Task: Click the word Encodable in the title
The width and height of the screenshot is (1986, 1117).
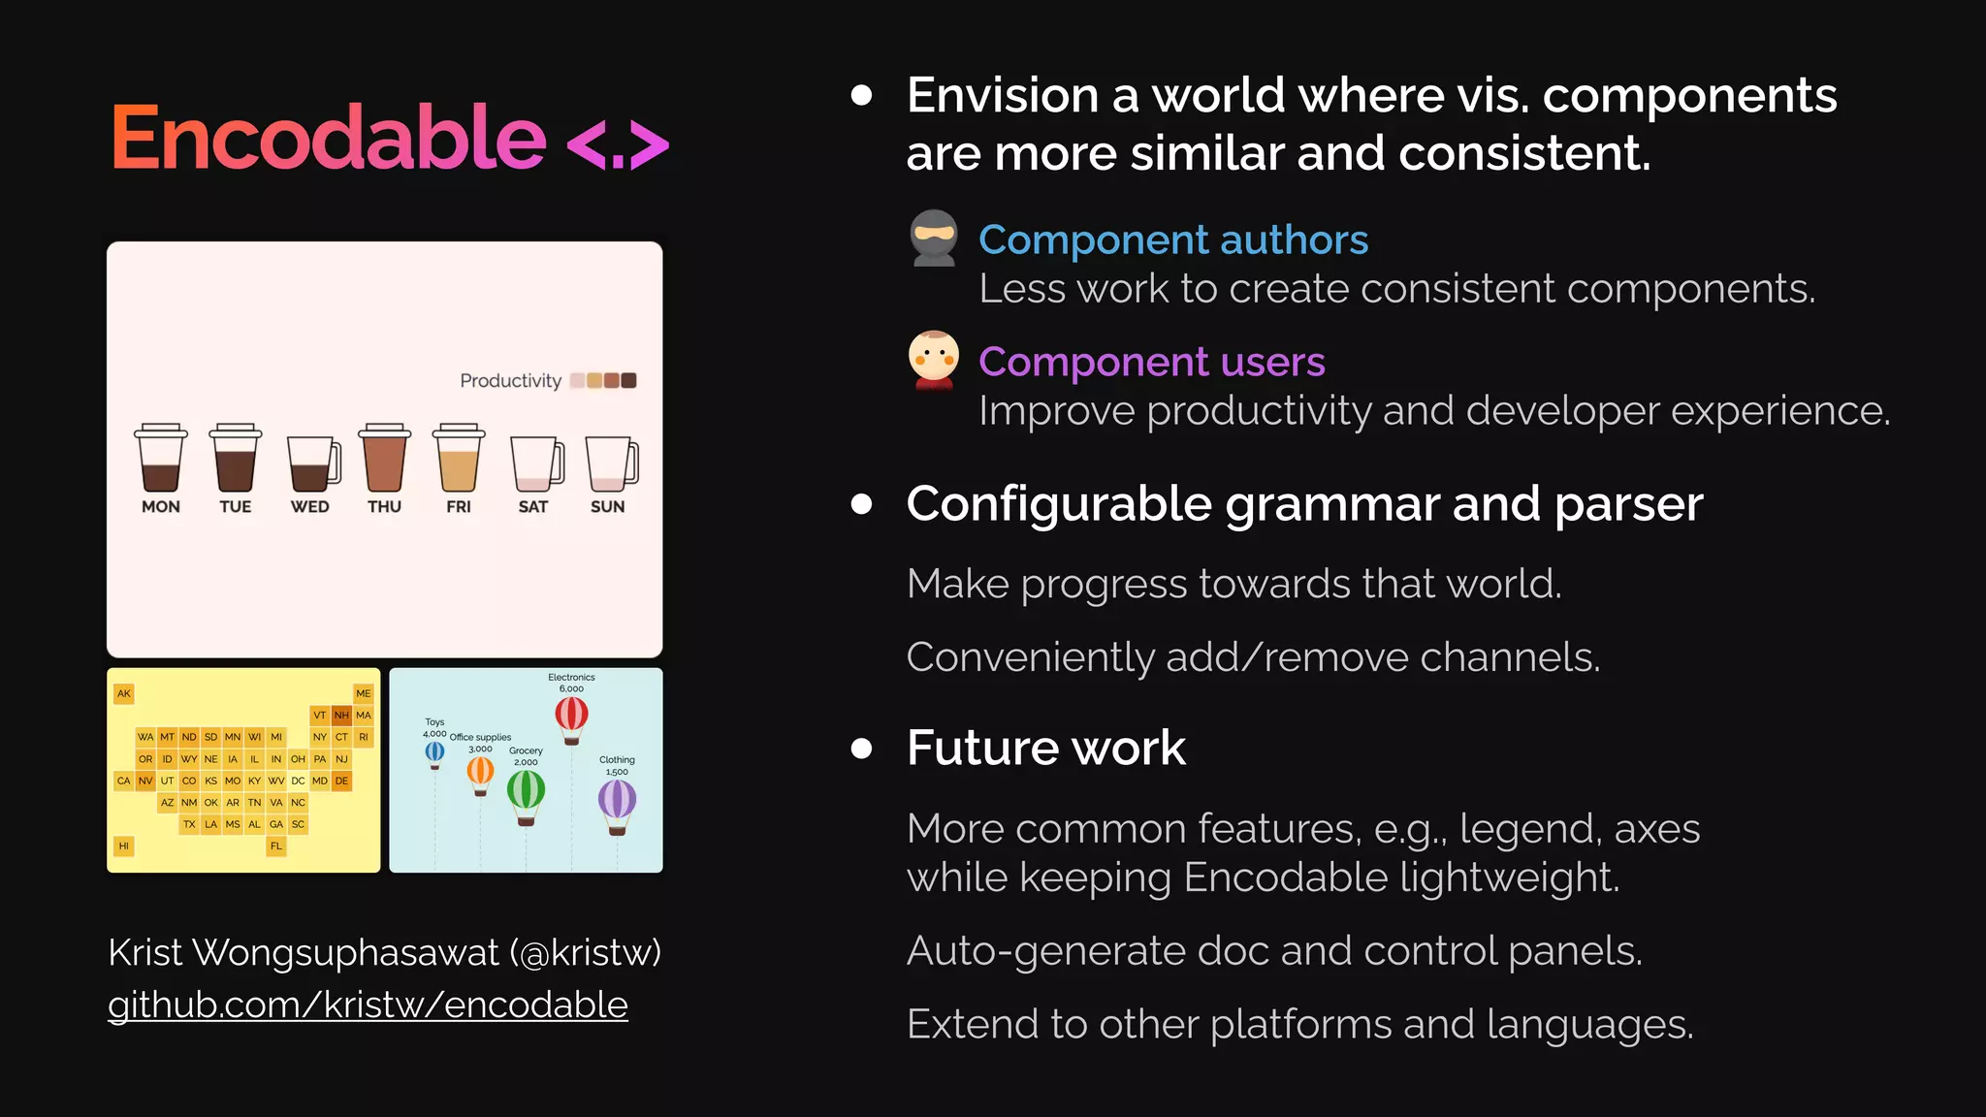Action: [328, 138]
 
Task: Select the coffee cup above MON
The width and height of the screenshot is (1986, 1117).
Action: [160, 458]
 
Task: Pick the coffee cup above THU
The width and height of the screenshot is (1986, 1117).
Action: [384, 458]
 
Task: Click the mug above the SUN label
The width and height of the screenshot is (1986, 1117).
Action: [611, 463]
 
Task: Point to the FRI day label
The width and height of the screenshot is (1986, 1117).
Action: [459, 506]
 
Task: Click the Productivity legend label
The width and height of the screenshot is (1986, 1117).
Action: [510, 381]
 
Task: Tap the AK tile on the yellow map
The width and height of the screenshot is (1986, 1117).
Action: [124, 693]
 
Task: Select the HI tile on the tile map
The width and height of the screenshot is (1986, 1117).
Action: [124, 846]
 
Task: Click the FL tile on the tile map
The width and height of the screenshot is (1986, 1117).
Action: [276, 846]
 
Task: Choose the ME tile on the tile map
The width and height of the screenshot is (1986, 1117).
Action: [364, 693]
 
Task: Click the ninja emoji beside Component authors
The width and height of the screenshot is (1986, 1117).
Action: [934, 238]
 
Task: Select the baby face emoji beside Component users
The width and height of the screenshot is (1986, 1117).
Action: [934, 360]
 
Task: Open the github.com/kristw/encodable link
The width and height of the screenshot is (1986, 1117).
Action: [368, 1005]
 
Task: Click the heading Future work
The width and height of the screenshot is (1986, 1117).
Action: [1045, 748]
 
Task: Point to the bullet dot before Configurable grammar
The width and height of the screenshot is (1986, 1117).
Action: [861, 504]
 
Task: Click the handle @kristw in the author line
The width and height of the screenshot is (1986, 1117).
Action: [590, 953]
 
